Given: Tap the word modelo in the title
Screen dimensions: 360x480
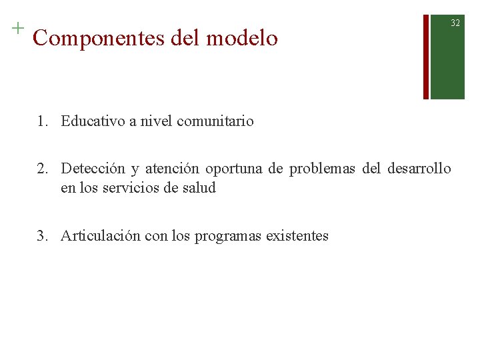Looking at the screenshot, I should tap(242, 39).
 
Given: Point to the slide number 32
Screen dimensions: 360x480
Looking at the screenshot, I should tap(455, 23).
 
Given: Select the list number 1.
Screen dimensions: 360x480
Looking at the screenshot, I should tap(42, 121).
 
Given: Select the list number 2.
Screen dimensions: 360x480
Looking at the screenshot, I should tap(42, 169).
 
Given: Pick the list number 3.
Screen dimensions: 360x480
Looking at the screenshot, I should tap(42, 236).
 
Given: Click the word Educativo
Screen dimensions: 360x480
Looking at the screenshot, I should tap(93, 121).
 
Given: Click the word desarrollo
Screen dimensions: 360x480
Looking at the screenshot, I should tap(419, 169).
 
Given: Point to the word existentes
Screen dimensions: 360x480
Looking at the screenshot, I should tap(297, 236).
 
